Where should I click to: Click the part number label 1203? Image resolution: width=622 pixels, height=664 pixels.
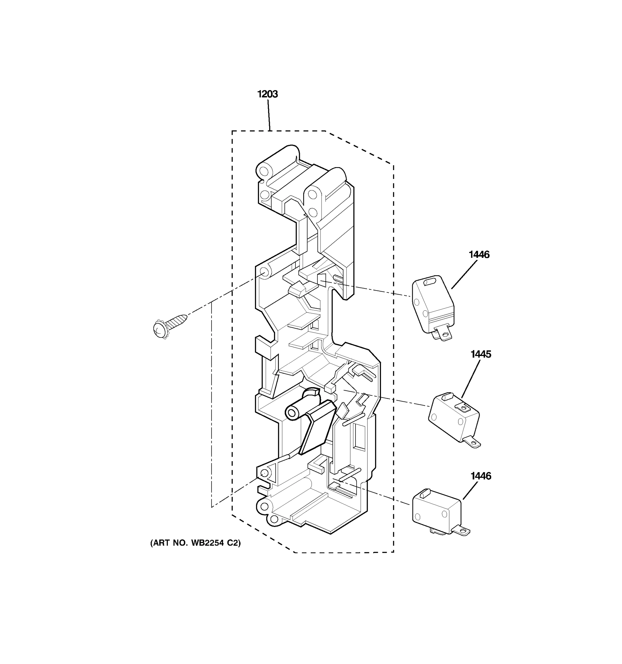tap(267, 94)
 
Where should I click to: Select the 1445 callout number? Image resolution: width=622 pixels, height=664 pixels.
tap(480, 354)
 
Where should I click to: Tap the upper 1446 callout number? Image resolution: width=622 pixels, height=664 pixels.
tap(479, 255)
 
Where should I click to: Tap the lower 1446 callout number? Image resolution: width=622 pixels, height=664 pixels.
tap(480, 476)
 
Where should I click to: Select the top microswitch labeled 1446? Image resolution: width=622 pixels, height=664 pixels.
tap(433, 304)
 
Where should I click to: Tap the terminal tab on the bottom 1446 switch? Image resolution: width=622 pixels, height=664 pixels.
tap(462, 530)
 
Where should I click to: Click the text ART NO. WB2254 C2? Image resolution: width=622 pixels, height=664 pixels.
tap(195, 543)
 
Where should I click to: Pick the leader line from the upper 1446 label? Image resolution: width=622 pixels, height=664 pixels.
tap(464, 274)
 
